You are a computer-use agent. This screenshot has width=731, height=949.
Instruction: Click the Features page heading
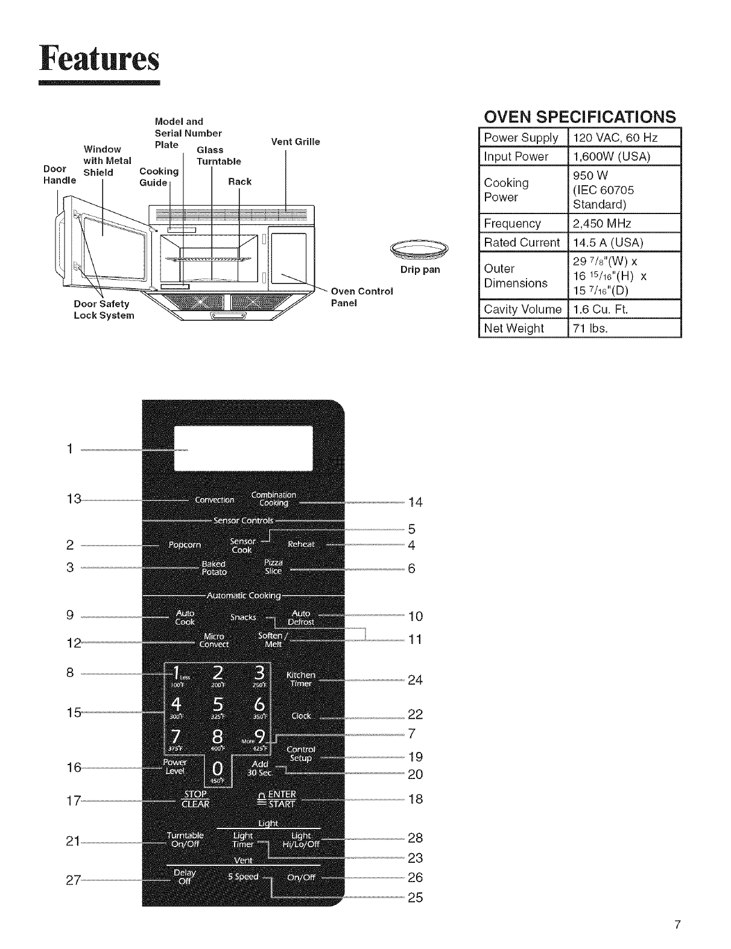point(100,58)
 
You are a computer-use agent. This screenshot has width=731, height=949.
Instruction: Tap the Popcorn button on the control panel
point(184,545)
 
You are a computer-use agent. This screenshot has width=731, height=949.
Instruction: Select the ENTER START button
point(276,799)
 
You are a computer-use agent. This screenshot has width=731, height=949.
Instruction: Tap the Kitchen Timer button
point(300,679)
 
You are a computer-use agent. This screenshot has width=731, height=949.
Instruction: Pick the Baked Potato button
point(214,568)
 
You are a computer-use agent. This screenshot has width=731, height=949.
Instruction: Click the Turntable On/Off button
point(185,839)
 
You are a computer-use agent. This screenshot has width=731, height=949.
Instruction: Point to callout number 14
point(416,502)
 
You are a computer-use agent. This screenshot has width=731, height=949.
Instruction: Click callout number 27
point(74,880)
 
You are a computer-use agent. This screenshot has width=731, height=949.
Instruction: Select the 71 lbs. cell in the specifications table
point(624,329)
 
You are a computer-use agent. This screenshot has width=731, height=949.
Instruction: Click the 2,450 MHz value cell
point(624,224)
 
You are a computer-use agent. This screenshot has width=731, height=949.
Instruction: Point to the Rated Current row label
point(522,242)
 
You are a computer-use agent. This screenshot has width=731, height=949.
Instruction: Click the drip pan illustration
point(420,248)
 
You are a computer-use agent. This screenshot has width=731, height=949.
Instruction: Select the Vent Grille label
point(296,142)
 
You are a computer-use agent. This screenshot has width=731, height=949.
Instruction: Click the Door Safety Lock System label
point(104,310)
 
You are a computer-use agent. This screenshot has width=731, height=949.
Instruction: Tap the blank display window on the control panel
point(243,449)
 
